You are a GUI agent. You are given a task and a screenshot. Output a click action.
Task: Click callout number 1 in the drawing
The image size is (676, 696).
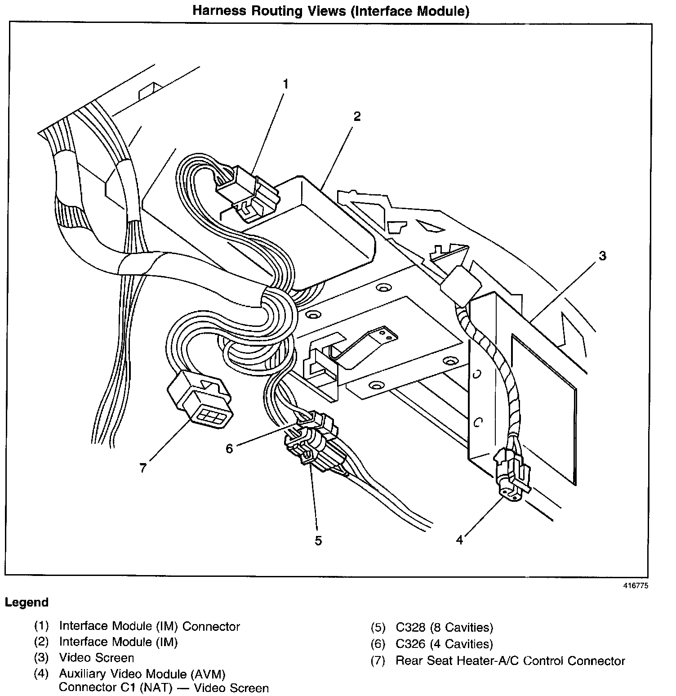coord(285,84)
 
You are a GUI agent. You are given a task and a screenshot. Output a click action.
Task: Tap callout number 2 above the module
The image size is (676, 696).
coord(356,116)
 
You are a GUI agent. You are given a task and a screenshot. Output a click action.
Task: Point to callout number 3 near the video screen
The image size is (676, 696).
coord(602,256)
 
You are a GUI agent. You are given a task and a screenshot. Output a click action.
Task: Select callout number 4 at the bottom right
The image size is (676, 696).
coord(459,540)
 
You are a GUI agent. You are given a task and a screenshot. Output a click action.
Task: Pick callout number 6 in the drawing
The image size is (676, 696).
coord(229,448)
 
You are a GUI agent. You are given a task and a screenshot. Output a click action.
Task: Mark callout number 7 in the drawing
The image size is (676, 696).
coord(143,468)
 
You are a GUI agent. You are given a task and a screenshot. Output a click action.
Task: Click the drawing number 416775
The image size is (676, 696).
coord(636,585)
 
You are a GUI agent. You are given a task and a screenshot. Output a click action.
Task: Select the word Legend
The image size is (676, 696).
coord(27,602)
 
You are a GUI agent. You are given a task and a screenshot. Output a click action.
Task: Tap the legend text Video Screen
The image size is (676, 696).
coord(97,658)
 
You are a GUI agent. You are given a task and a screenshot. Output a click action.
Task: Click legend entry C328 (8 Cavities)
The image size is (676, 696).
coord(444,627)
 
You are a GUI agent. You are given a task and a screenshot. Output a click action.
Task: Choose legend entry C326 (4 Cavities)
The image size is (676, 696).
coord(444,644)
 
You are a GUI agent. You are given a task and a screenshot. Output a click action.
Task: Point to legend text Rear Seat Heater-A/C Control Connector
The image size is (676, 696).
coord(510,661)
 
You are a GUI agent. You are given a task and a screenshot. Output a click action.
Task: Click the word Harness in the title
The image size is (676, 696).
coord(219,11)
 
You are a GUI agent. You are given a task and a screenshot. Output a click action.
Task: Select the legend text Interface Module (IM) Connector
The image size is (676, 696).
coord(149,626)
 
